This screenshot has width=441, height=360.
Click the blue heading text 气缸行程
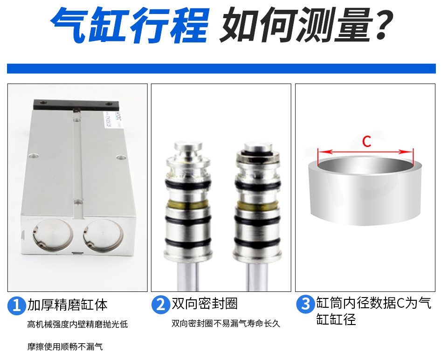tap(130, 25)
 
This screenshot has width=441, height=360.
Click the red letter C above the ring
tap(367, 141)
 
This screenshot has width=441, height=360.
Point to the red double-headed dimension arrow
tap(365, 152)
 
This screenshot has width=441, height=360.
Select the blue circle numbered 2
tap(160, 305)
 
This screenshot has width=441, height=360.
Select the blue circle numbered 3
tap(305, 304)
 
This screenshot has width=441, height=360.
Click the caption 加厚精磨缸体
tap(68, 305)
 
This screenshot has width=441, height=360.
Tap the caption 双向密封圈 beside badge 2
tap(205, 304)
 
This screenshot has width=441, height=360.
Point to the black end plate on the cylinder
tap(76, 105)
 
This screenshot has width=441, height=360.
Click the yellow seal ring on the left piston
tap(188, 205)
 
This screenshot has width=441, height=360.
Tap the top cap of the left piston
tap(188, 146)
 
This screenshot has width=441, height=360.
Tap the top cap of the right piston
tap(258, 147)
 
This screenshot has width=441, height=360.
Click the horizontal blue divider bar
tap(221, 69)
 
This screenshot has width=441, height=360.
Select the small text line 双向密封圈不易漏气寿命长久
tap(226, 324)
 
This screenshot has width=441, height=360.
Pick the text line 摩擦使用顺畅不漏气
tap(65, 346)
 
